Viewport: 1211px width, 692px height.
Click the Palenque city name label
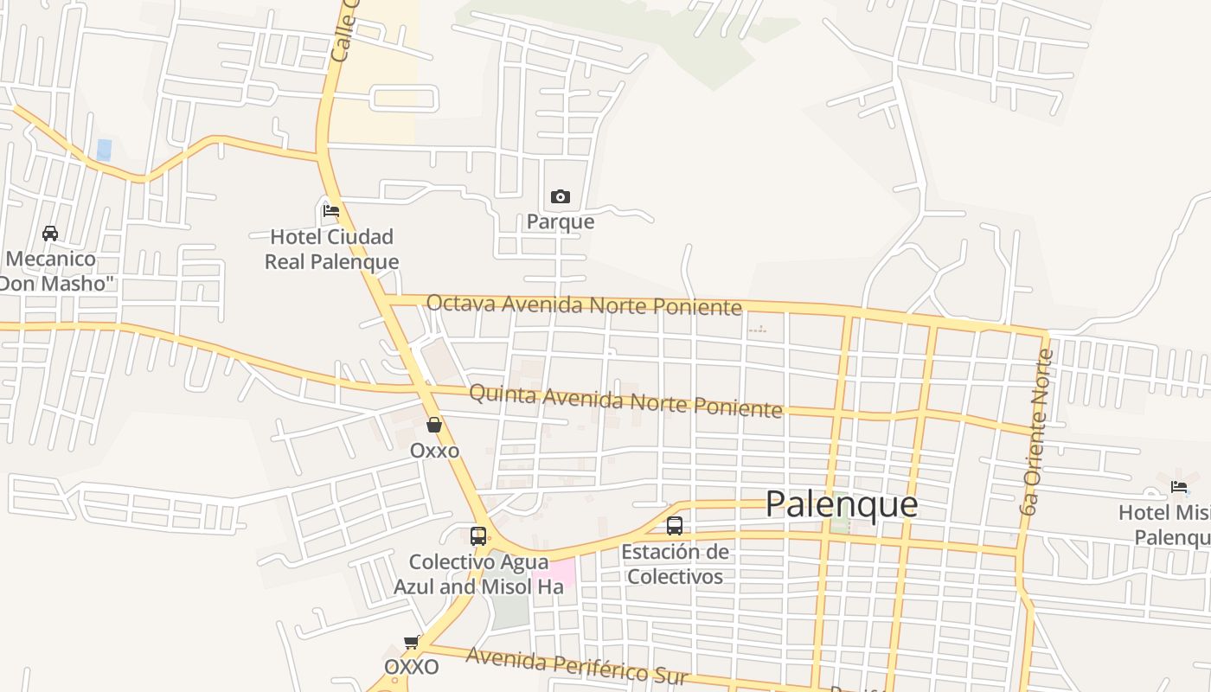(x=841, y=503)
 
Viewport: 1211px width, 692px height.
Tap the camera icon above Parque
(x=561, y=197)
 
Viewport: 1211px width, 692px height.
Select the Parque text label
(x=561, y=221)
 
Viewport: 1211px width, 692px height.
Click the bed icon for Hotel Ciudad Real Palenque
(x=330, y=210)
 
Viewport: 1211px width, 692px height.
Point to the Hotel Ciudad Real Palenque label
(x=331, y=249)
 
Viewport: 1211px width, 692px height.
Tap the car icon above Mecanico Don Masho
(x=50, y=234)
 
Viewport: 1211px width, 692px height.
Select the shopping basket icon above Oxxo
(x=434, y=425)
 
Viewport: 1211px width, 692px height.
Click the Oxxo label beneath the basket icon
(x=434, y=451)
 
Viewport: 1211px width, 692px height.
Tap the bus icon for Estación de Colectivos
(x=675, y=525)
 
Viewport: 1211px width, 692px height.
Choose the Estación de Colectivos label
(x=676, y=563)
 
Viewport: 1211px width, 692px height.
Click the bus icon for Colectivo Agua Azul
(x=478, y=535)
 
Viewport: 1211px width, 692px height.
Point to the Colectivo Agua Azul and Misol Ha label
(x=478, y=573)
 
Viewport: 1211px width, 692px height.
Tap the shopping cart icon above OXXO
(x=413, y=643)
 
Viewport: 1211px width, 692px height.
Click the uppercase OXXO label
(x=412, y=667)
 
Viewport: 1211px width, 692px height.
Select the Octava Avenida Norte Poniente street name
(x=584, y=304)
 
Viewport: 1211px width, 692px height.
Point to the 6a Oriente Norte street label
(x=1036, y=432)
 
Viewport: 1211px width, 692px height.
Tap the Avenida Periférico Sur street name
(x=576, y=665)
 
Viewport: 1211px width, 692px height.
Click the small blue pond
(x=105, y=149)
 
